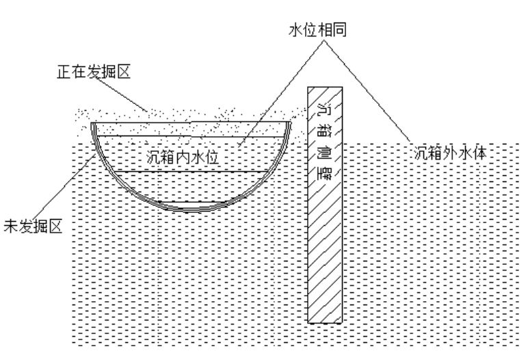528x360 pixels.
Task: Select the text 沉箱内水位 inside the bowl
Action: click(183, 157)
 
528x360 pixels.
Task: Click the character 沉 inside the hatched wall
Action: click(325, 109)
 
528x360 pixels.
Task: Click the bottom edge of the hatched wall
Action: click(325, 322)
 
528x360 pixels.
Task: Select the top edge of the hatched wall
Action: click(325, 88)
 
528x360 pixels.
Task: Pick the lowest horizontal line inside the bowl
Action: click(191, 170)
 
